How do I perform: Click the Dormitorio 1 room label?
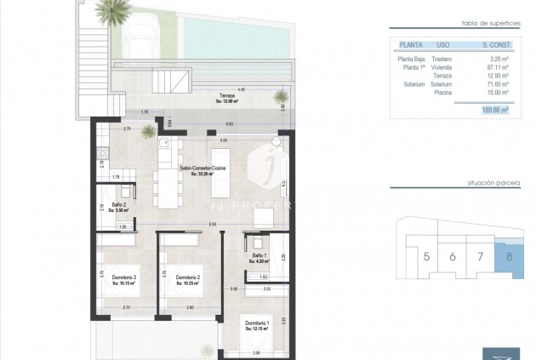pyautogui.click(x=258, y=324)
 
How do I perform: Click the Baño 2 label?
pyautogui.click(x=118, y=208)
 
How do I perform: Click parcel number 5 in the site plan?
pyautogui.click(x=426, y=256)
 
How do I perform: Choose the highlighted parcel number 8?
pyautogui.click(x=509, y=256)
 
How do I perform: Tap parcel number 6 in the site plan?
pyautogui.click(x=453, y=256)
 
